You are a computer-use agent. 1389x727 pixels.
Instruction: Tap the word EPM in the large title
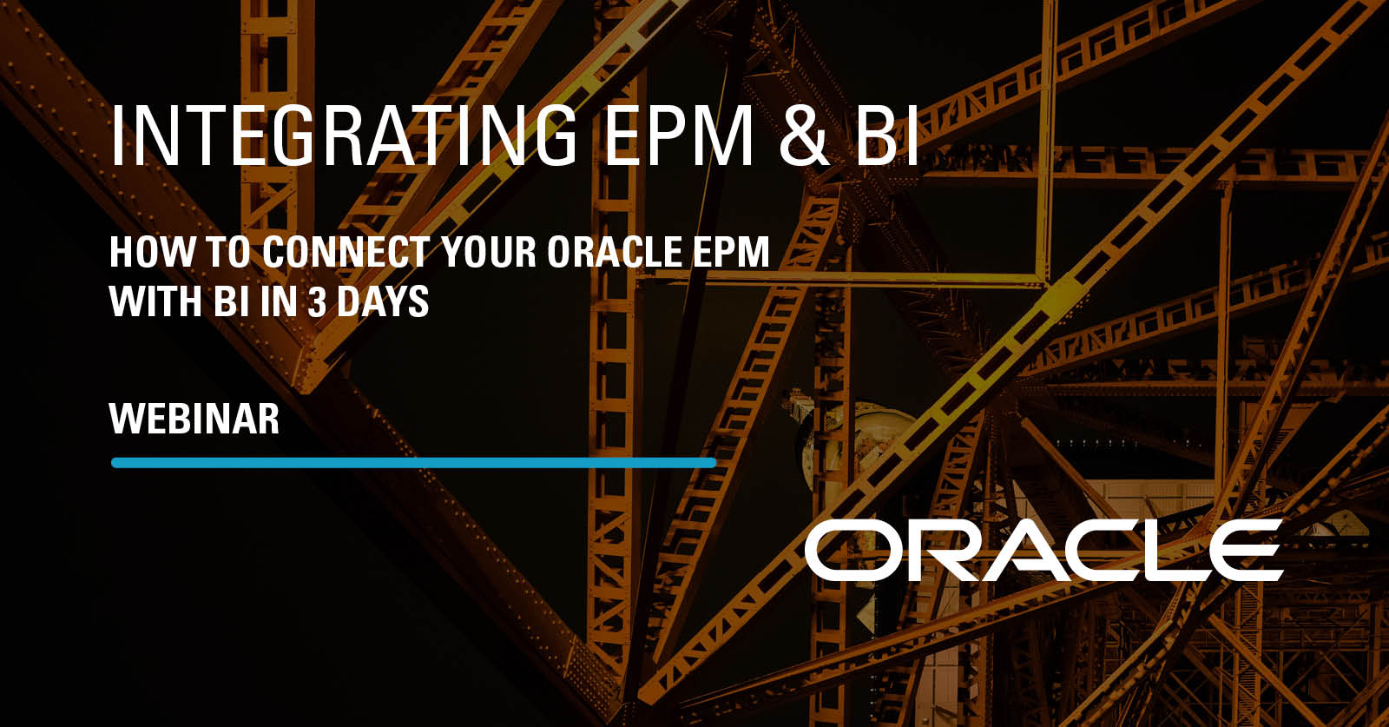678,135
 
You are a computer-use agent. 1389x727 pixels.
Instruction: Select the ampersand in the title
804,135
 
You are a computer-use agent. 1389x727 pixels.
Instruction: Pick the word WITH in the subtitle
157,301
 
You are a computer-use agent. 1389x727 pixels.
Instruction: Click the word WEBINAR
194,419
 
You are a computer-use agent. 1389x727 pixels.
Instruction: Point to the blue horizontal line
413,463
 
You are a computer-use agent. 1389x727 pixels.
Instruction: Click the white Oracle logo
1043,550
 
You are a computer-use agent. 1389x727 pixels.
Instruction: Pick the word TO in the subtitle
227,252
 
